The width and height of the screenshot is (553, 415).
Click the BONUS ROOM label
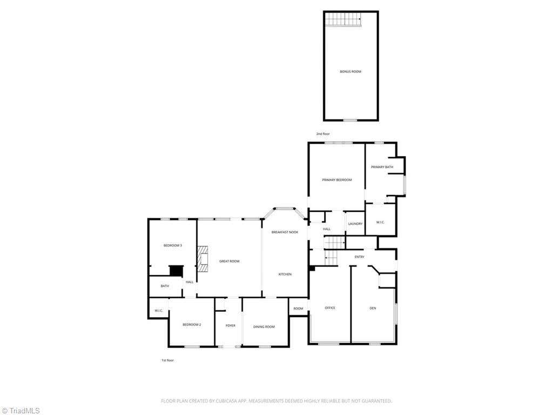click(350, 72)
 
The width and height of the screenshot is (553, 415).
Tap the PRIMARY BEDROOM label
click(337, 180)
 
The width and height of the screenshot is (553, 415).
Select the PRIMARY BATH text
click(382, 167)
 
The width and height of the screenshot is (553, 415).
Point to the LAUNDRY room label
click(355, 224)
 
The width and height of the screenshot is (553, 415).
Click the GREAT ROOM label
click(229, 261)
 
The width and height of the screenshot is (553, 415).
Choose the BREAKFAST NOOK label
click(285, 232)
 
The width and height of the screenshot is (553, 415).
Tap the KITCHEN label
click(285, 274)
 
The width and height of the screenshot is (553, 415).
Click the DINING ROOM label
click(264, 327)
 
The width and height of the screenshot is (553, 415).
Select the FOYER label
click(230, 326)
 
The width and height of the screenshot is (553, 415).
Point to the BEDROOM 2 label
click(192, 325)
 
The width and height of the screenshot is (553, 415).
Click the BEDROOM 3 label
click(172, 245)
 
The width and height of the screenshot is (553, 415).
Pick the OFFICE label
click(330, 308)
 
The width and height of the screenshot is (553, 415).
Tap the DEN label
click(373, 309)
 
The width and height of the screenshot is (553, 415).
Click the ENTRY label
click(359, 257)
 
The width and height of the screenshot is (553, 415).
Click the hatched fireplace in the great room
click(203, 259)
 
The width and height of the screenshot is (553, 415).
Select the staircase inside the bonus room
click(343, 19)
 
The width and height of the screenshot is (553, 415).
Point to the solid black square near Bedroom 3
click(177, 271)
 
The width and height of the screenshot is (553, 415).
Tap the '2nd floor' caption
click(323, 134)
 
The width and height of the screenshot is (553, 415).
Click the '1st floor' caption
click(167, 360)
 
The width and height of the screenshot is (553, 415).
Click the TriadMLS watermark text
click(21, 411)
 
